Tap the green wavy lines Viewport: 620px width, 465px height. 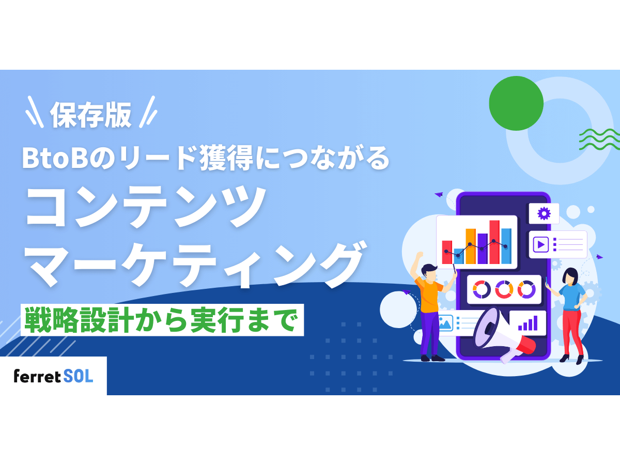(x=599, y=139)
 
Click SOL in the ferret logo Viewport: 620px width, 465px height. (x=79, y=376)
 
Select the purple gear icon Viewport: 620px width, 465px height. (x=544, y=213)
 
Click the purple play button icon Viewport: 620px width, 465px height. (x=541, y=244)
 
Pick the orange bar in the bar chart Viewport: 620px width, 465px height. (x=470, y=246)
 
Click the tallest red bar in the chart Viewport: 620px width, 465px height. (x=494, y=242)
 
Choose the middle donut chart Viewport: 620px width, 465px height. (x=504, y=289)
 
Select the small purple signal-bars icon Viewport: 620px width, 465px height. (x=528, y=323)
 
